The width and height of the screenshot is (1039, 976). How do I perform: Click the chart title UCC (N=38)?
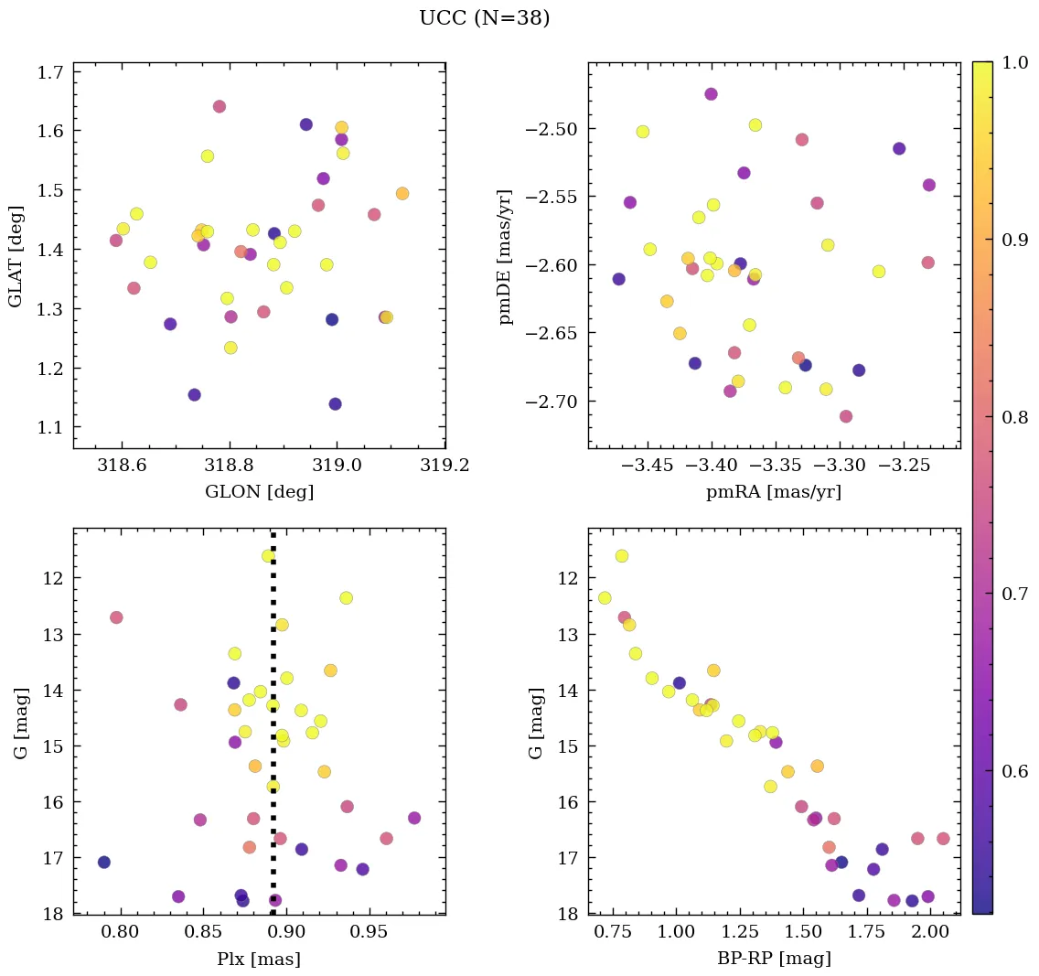484,18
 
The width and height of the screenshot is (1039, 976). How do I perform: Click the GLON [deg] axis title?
259,492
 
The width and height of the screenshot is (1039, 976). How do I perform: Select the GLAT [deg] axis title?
16,256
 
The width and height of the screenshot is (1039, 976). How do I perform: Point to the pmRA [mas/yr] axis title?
773,492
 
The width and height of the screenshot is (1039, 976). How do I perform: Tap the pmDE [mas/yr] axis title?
505,256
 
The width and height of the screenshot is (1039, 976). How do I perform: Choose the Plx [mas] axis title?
259,959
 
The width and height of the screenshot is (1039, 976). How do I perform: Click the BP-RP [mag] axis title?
773,959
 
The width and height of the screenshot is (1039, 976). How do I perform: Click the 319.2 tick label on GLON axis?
445,467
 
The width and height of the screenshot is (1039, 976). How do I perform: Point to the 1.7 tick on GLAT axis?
54,71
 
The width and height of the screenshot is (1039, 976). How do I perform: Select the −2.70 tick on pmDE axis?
552,402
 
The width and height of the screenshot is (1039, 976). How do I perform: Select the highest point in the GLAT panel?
220,106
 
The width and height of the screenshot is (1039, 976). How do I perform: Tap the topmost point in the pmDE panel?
711,94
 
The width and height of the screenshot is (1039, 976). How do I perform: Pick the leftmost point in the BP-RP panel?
605,598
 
